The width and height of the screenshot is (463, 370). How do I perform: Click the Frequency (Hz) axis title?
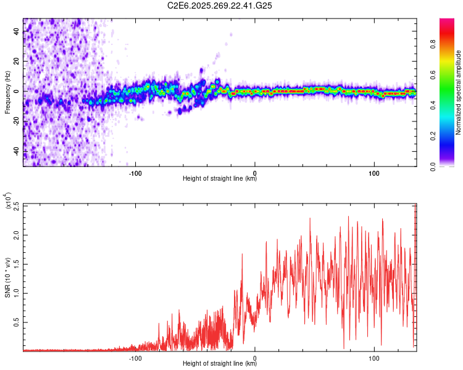(7, 92)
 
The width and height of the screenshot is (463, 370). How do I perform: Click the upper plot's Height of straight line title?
(220, 179)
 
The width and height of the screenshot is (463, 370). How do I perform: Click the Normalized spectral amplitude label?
(459, 92)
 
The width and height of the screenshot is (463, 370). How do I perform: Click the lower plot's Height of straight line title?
(220, 364)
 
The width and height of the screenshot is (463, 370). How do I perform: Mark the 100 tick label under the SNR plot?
(374, 358)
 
